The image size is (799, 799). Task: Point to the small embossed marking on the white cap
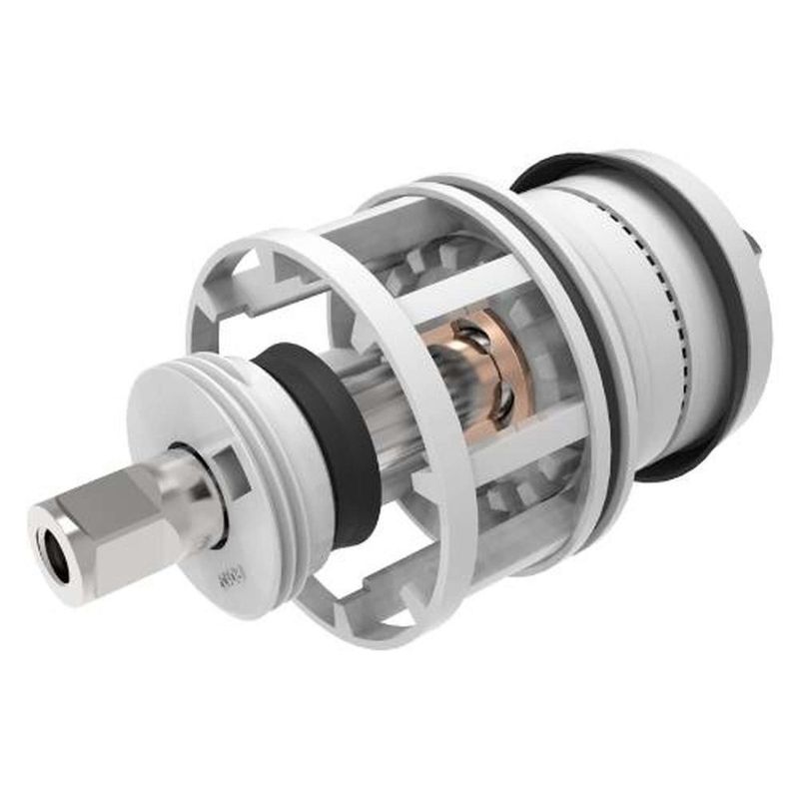click(x=229, y=578)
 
